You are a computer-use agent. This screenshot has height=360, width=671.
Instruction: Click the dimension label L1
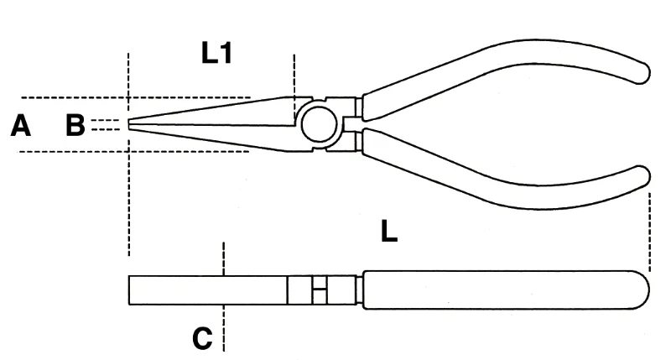(216, 54)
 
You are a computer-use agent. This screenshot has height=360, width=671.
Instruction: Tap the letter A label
(20, 126)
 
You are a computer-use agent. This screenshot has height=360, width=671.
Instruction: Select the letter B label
(75, 125)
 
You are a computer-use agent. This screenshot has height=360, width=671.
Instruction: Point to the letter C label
(202, 338)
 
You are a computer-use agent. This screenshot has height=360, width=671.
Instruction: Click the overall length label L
(389, 232)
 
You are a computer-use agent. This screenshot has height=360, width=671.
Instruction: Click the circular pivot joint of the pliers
(319, 124)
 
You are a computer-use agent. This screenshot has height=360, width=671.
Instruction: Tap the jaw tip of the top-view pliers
(129, 124)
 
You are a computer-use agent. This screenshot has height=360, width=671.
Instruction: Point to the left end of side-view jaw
(129, 290)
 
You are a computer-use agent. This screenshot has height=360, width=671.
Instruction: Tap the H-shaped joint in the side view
(320, 290)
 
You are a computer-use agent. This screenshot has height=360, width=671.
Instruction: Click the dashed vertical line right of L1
(294, 88)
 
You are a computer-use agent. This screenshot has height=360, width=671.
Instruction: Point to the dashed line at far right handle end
(649, 232)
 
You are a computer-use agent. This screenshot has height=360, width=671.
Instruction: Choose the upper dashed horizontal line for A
(136, 97)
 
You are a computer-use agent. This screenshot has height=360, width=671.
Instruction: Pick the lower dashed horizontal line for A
(133, 151)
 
